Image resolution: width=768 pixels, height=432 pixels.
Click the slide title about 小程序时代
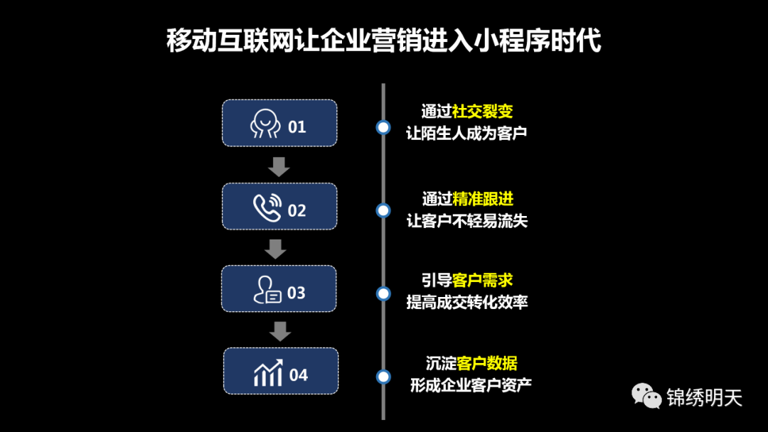pyautogui.click(x=384, y=40)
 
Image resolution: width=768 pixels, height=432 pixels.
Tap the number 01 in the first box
pyautogui.click(x=297, y=127)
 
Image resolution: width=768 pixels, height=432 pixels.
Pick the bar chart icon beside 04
pyautogui.click(x=268, y=372)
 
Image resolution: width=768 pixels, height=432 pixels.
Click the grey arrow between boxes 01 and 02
pyautogui.click(x=279, y=167)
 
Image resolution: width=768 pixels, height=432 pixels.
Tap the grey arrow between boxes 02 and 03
pyautogui.click(x=275, y=249)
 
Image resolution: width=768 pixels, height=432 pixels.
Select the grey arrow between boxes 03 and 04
pyautogui.click(x=281, y=331)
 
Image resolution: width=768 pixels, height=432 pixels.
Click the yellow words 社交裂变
pyautogui.click(x=487, y=112)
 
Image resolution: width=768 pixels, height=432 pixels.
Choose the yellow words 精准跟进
pyautogui.click(x=488, y=199)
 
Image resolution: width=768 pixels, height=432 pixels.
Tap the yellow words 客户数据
pyautogui.click(x=487, y=364)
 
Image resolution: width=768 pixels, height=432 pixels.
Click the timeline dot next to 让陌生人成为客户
pyautogui.click(x=383, y=127)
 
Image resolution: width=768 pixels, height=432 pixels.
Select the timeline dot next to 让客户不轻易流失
pyautogui.click(x=383, y=210)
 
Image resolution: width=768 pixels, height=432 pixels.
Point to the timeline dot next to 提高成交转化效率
pyautogui.click(x=383, y=293)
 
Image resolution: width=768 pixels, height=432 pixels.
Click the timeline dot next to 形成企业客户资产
pyautogui.click(x=383, y=377)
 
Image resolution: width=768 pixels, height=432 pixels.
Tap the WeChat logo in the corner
pyautogui.click(x=646, y=396)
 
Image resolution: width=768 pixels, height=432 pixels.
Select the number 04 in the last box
pyautogui.click(x=299, y=374)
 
